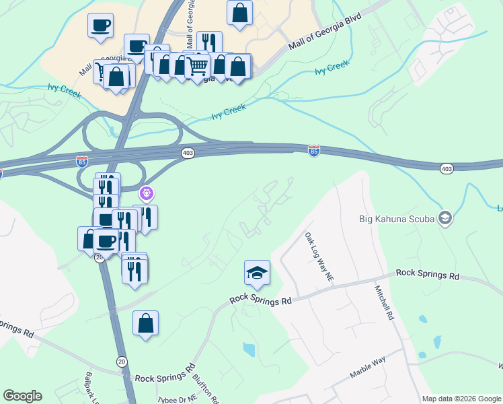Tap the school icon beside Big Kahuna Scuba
pyautogui.click(x=444, y=217)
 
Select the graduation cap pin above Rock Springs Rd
pyautogui.click(x=257, y=273)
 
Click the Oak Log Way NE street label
pyautogui.click(x=319, y=258)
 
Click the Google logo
pyautogui.click(x=22, y=396)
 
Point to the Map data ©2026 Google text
pyautogui.click(x=462, y=399)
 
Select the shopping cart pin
pyautogui.click(x=197, y=66)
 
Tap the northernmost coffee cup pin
pyautogui.click(x=100, y=25)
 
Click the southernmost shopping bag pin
pyautogui.click(x=145, y=324)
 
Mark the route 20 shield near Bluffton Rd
pyautogui.click(x=121, y=361)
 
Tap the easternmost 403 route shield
pyautogui.click(x=447, y=167)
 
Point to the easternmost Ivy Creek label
pyautogui.click(x=334, y=66)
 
